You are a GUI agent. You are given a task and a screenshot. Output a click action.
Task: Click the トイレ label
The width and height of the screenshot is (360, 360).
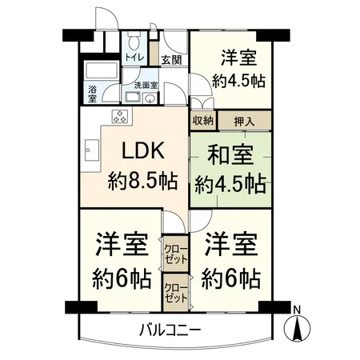(133, 58)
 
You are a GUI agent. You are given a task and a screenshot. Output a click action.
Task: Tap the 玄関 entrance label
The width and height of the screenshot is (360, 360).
(170, 59)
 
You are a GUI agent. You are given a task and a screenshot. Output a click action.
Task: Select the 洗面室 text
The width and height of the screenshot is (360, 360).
(145, 83)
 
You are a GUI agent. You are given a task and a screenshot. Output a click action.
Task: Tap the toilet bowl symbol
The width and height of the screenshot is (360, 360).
(135, 41)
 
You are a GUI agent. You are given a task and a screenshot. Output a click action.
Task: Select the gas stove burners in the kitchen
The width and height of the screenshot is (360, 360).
(120, 117)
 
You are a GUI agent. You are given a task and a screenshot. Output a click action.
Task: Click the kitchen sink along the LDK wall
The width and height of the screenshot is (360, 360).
(88, 150)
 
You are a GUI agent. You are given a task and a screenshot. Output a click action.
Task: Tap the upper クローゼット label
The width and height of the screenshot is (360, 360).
(175, 254)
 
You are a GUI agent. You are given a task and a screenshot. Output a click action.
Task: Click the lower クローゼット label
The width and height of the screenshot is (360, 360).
(175, 292)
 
